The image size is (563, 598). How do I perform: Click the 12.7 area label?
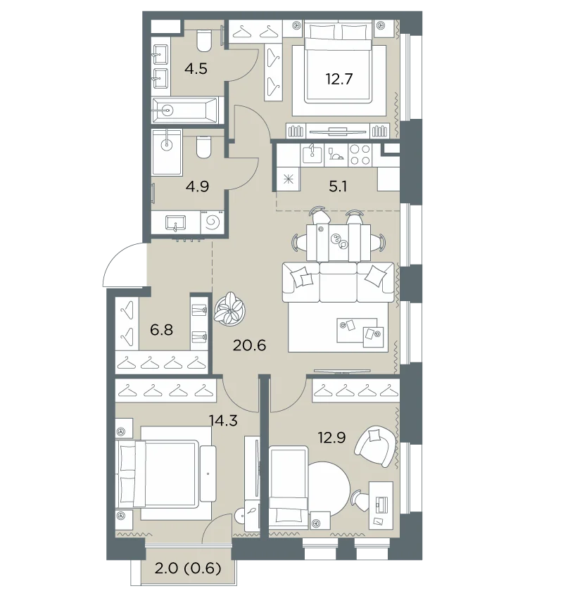pyautogui.click(x=339, y=79)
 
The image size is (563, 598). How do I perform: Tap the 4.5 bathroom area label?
pyautogui.click(x=196, y=69)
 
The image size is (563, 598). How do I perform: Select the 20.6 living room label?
pyautogui.click(x=249, y=345)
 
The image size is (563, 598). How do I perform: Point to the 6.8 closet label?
pyautogui.click(x=161, y=329)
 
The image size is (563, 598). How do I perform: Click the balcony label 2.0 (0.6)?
pyautogui.click(x=188, y=568)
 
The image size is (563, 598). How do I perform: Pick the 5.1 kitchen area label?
pyautogui.click(x=338, y=186)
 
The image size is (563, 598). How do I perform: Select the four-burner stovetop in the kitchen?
pyautogui.click(x=360, y=155)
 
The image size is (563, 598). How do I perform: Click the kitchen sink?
pyautogui.click(x=312, y=155)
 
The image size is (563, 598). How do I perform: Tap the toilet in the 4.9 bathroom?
pyautogui.click(x=204, y=147)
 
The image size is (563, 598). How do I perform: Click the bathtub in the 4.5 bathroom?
pyautogui.click(x=185, y=110)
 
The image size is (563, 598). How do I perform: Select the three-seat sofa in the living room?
pyautogui.click(x=338, y=282)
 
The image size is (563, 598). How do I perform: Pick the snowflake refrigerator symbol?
pyautogui.click(x=289, y=179)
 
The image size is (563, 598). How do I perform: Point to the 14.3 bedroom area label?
pyautogui.click(x=223, y=420)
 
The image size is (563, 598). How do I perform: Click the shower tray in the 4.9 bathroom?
pyautogui.click(x=167, y=152)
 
